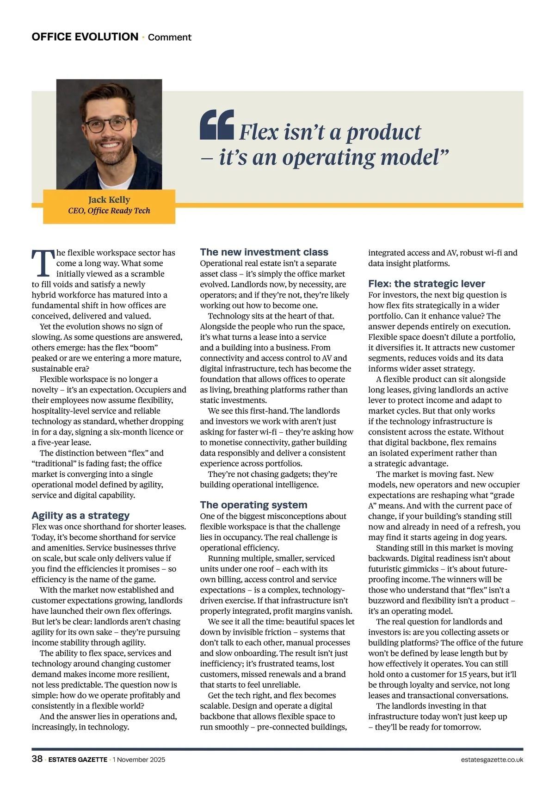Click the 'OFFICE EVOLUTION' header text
tap(85, 37)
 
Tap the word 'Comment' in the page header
tap(169, 37)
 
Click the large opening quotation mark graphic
tap(217, 125)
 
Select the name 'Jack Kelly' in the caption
tap(109, 199)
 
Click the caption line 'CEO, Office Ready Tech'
tap(109, 211)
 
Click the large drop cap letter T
tap(43, 263)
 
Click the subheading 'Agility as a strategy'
tap(80, 516)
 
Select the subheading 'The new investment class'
tap(264, 252)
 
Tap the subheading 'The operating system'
tap(253, 505)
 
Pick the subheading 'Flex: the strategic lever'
tap(426, 284)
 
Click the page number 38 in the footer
tap(37, 759)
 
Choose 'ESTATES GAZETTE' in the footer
tap(78, 760)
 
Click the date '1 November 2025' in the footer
tap(139, 760)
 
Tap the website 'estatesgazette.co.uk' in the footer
tap(492, 760)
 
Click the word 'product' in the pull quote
tap(383, 132)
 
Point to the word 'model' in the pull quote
tap(411, 157)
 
